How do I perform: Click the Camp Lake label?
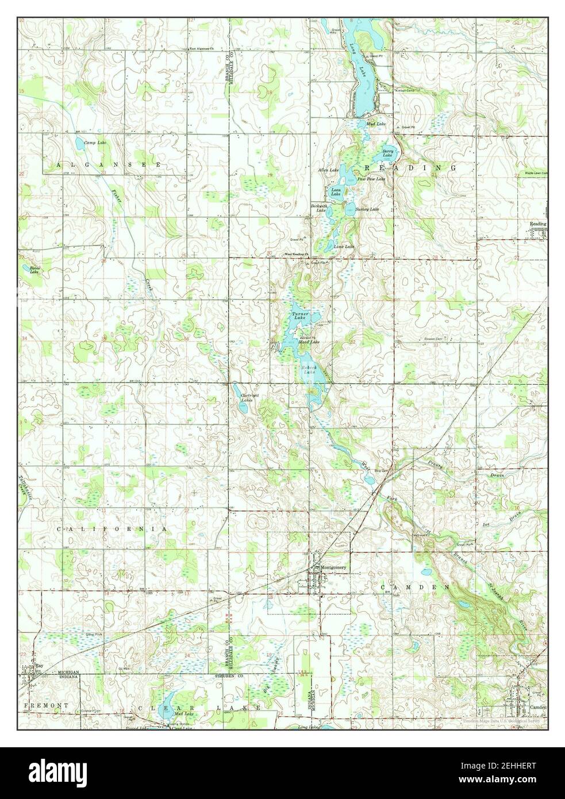(95, 142)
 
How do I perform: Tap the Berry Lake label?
(389, 153)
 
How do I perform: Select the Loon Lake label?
(335, 193)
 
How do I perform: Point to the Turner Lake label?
(299, 316)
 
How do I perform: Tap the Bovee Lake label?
(29, 270)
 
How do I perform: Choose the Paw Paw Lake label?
(371, 179)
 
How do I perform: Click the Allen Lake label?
(329, 171)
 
